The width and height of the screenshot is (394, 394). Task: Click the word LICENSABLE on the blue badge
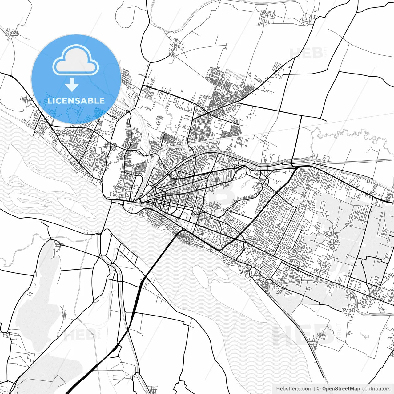76,101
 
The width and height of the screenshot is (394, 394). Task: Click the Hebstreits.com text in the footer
294,389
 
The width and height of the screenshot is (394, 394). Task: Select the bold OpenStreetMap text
341,389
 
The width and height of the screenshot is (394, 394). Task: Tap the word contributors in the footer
376,389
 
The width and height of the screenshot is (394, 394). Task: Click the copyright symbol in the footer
319,389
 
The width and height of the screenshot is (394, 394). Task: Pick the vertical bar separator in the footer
314,389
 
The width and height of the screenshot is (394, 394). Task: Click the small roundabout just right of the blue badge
127,111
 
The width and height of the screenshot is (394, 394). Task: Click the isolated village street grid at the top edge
267,18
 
